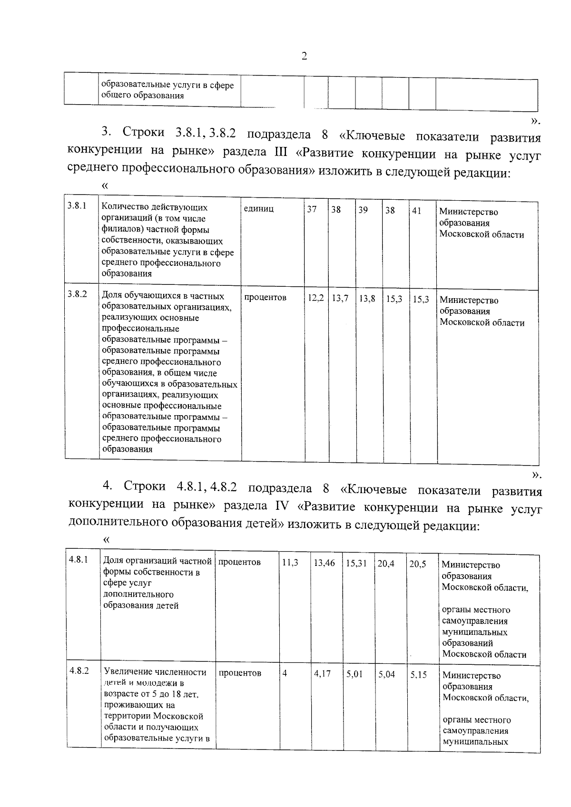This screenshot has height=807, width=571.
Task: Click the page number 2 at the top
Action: (304, 56)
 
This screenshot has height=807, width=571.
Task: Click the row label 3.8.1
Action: (76, 206)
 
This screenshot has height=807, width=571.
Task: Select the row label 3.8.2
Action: (77, 293)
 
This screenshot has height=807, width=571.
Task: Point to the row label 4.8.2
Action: (79, 671)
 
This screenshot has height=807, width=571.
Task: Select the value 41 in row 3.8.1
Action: (416, 210)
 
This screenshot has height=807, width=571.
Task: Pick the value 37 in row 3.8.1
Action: (312, 209)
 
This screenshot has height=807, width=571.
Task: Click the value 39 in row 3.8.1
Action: (363, 210)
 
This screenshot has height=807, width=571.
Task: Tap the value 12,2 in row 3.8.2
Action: (316, 298)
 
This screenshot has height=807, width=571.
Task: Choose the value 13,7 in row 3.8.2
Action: (340, 298)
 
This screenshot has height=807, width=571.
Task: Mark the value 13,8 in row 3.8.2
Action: (367, 299)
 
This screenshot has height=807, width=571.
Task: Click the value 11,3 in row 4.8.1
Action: (290, 563)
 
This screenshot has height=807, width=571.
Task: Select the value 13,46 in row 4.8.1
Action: (324, 563)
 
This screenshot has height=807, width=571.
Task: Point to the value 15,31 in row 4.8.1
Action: (356, 563)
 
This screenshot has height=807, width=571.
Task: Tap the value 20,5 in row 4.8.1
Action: (417, 564)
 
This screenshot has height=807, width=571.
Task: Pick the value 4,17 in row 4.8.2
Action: (322, 673)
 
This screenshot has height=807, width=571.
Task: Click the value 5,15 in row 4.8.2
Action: (419, 674)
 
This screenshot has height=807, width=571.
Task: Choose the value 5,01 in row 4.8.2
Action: (354, 674)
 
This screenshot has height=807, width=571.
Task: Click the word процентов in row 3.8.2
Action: (266, 297)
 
